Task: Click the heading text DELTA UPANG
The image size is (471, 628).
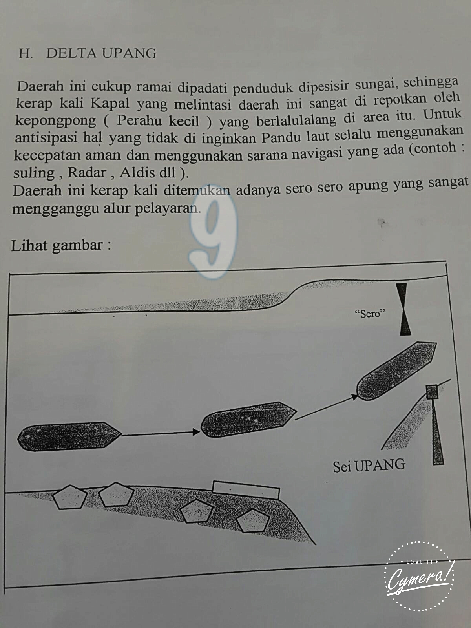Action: (101, 53)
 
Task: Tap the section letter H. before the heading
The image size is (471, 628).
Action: (26, 53)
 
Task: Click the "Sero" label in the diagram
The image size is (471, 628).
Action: (369, 314)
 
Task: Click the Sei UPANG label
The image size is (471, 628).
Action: (369, 466)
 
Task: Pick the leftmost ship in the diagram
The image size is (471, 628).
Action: (69, 436)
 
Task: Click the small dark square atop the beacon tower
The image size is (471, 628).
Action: (431, 392)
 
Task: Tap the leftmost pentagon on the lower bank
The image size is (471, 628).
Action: (70, 497)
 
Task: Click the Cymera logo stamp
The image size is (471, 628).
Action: (419, 576)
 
